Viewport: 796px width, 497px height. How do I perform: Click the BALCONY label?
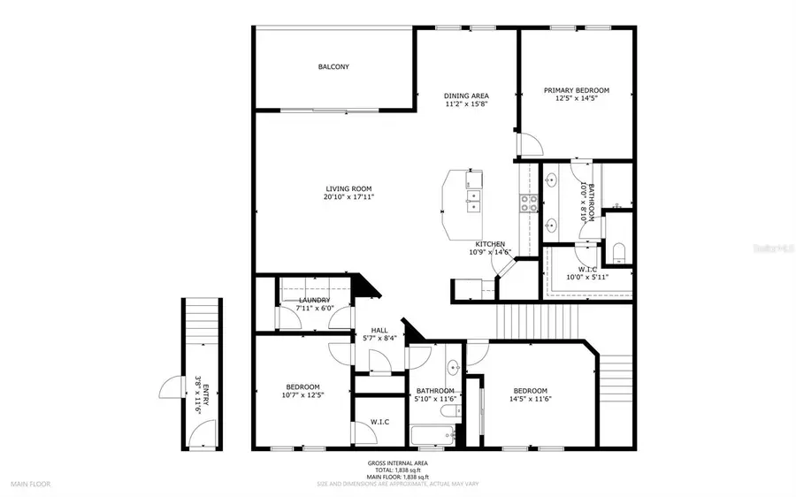[333, 67]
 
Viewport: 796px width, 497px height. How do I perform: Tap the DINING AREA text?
[466, 96]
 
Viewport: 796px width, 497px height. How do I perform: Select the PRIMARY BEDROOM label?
[576, 90]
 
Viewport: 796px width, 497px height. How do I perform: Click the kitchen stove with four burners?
[529, 203]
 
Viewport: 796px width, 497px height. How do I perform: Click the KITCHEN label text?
[490, 244]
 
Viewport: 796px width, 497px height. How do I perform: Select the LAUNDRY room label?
[314, 301]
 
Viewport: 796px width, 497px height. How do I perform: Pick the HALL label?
[379, 330]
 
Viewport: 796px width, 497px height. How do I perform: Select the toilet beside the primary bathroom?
[619, 250]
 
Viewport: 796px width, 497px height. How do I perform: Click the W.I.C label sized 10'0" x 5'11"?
[587, 269]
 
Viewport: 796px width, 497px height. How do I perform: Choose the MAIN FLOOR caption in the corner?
[31, 484]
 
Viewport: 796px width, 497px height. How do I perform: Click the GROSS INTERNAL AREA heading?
[397, 463]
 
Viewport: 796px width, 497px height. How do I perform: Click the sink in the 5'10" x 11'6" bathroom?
[454, 367]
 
